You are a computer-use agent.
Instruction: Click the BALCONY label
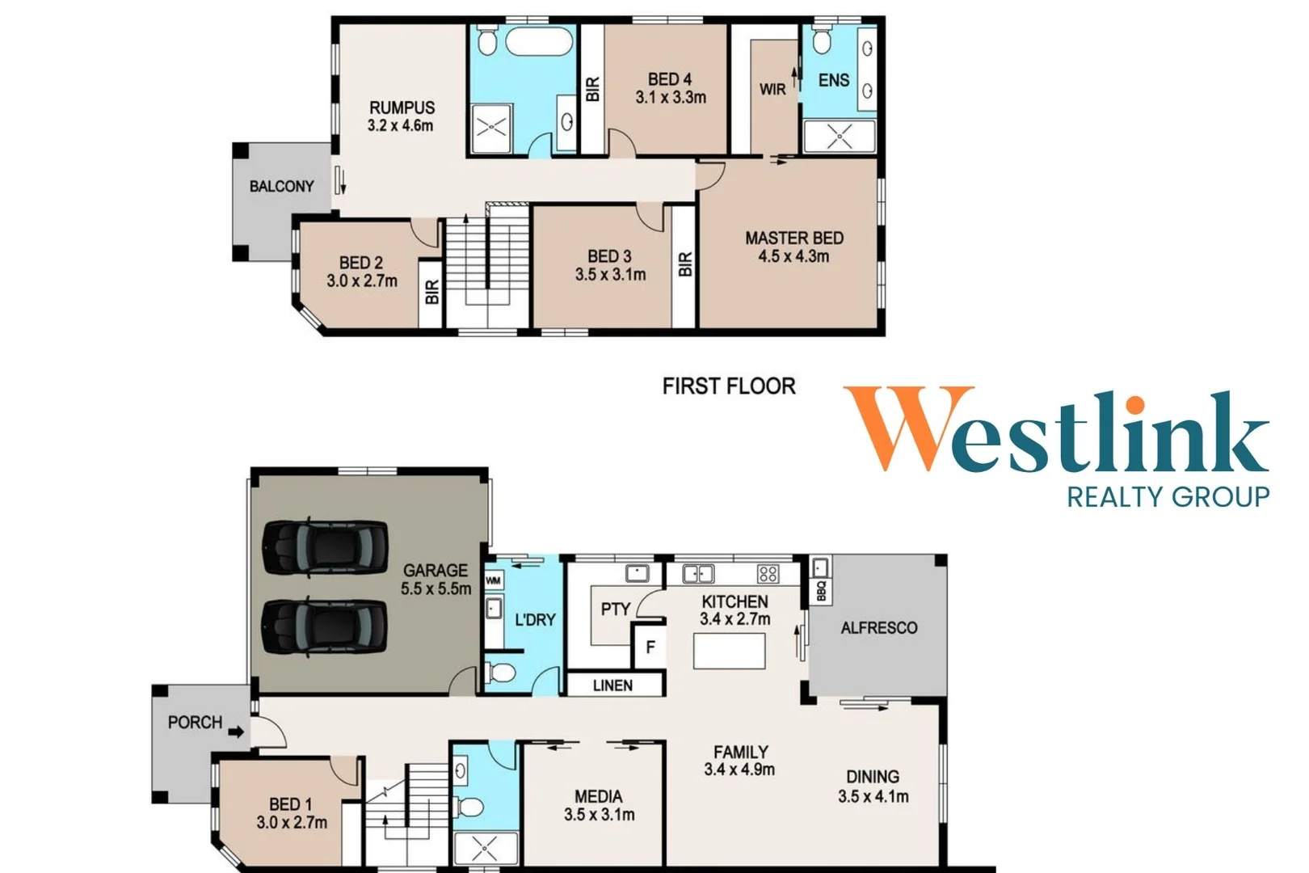[x=282, y=187]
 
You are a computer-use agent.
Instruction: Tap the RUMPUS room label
[x=402, y=108]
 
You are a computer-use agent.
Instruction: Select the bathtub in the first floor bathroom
[x=538, y=41]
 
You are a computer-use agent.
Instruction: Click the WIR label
[x=772, y=90]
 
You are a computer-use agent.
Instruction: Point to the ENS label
[x=833, y=80]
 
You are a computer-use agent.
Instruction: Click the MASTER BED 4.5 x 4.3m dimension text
[x=793, y=256]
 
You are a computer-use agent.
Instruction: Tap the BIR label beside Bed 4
[x=592, y=89]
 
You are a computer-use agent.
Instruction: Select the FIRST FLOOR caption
[x=729, y=386]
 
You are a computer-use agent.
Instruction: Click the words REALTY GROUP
[x=1168, y=497]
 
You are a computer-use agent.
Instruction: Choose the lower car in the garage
[x=324, y=626]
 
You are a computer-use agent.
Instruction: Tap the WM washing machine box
[x=494, y=580]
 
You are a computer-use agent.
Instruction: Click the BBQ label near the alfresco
[x=821, y=591]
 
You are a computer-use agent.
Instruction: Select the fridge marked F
[x=650, y=646]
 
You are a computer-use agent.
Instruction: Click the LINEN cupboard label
[x=612, y=685]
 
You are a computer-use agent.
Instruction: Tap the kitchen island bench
[x=730, y=651]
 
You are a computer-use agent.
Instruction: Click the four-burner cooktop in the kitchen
[x=768, y=574]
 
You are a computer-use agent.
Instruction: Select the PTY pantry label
[x=616, y=609]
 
